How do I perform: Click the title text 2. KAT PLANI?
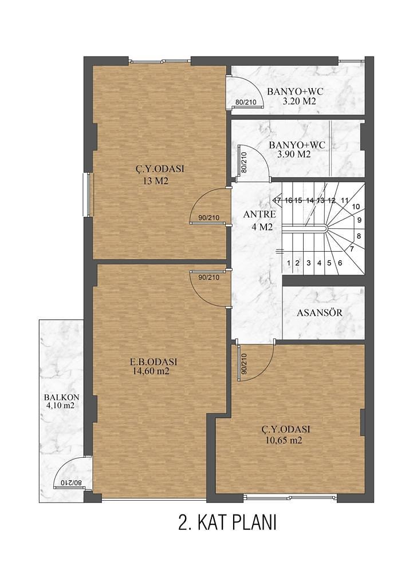click(227, 522)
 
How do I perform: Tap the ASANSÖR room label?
click(320, 312)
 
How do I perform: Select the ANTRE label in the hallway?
click(259, 215)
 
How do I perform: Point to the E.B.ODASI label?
click(154, 362)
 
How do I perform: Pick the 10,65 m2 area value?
click(284, 440)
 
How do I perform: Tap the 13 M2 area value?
click(155, 181)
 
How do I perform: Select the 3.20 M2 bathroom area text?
click(299, 101)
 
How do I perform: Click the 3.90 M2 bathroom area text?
click(294, 154)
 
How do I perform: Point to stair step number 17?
click(277, 200)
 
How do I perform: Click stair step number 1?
click(289, 263)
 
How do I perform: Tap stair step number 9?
click(359, 220)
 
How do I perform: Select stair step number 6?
click(340, 263)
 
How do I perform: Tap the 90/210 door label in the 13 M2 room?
click(209, 218)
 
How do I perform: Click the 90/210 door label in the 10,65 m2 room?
click(245, 364)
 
